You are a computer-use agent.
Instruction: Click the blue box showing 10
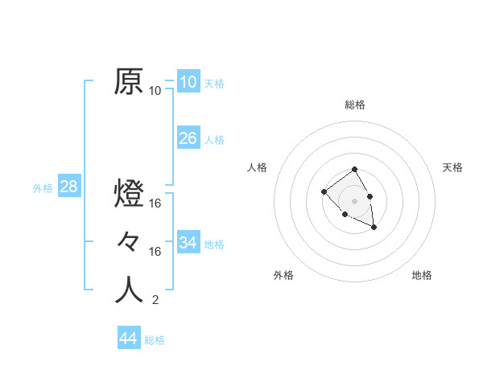click(188, 82)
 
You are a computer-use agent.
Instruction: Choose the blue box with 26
click(188, 138)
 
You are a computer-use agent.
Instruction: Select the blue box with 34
click(188, 242)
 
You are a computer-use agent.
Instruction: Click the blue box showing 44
click(128, 339)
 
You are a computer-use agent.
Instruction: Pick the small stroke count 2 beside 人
click(155, 301)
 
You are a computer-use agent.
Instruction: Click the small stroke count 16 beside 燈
click(155, 203)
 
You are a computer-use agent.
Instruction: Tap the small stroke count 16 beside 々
click(155, 252)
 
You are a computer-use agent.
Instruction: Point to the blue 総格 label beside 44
click(155, 340)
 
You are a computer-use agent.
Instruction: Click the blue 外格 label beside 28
click(43, 188)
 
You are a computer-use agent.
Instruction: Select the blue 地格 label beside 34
click(215, 244)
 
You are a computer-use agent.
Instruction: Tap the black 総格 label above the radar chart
click(355, 105)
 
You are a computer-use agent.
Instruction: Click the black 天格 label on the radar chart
click(452, 167)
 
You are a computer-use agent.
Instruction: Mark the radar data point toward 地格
click(374, 228)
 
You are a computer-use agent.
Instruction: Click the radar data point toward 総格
click(355, 171)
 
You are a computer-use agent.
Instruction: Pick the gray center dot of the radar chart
click(355, 200)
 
